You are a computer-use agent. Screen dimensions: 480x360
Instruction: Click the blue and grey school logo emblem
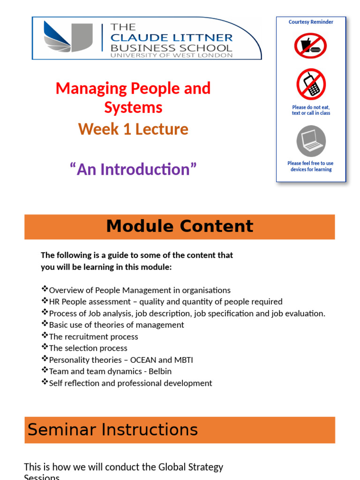coord(68,37)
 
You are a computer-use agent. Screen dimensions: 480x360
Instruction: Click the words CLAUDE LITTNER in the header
coord(171,37)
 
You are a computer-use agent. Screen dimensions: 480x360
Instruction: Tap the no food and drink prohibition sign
coord(310,46)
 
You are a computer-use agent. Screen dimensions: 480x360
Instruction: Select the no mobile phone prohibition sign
coord(311,84)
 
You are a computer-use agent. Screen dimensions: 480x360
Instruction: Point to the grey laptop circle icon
coord(311,141)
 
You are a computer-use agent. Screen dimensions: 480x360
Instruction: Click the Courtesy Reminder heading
coord(311,22)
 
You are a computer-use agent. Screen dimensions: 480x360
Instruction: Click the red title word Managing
coord(91,88)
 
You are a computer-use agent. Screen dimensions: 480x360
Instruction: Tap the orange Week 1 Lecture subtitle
coord(133,129)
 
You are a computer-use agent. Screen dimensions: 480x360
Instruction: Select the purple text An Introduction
coord(133,169)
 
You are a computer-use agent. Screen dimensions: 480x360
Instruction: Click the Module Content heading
coord(180,226)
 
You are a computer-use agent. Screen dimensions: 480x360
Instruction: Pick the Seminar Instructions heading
coord(112,429)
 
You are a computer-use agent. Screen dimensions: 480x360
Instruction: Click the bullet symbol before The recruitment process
coord(45,336)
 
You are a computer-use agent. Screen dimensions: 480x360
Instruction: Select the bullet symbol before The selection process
coord(45,347)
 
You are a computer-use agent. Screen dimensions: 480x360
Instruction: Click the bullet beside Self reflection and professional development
coord(45,382)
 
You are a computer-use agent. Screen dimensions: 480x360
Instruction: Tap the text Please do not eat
coord(311,107)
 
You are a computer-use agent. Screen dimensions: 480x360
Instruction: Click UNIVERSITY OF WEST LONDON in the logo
coord(171,55)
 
